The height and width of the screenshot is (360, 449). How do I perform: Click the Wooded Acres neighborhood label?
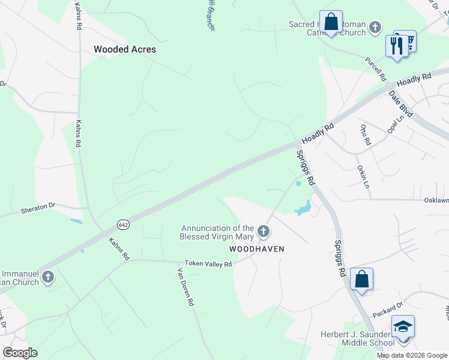[125, 49]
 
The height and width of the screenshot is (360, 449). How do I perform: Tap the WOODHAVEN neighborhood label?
[256, 248]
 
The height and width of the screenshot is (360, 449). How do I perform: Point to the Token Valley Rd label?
[208, 263]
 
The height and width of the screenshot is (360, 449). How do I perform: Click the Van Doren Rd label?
[184, 287]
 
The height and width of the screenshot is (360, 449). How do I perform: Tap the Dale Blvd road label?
[401, 103]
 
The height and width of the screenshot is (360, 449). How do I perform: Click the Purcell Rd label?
[375, 69]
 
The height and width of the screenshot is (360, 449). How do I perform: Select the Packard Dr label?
[387, 311]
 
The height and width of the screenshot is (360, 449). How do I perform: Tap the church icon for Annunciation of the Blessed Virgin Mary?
[263, 231]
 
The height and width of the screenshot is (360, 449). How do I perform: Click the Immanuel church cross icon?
[48, 277]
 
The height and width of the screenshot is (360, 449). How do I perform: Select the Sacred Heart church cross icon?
[375, 27]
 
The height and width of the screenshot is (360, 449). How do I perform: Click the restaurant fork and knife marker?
[397, 46]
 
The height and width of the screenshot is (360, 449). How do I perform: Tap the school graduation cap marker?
[403, 326]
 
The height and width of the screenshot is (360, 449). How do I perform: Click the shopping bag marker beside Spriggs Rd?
[361, 279]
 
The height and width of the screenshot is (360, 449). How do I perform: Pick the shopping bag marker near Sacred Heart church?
[331, 22]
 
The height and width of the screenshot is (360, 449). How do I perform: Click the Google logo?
[20, 353]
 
